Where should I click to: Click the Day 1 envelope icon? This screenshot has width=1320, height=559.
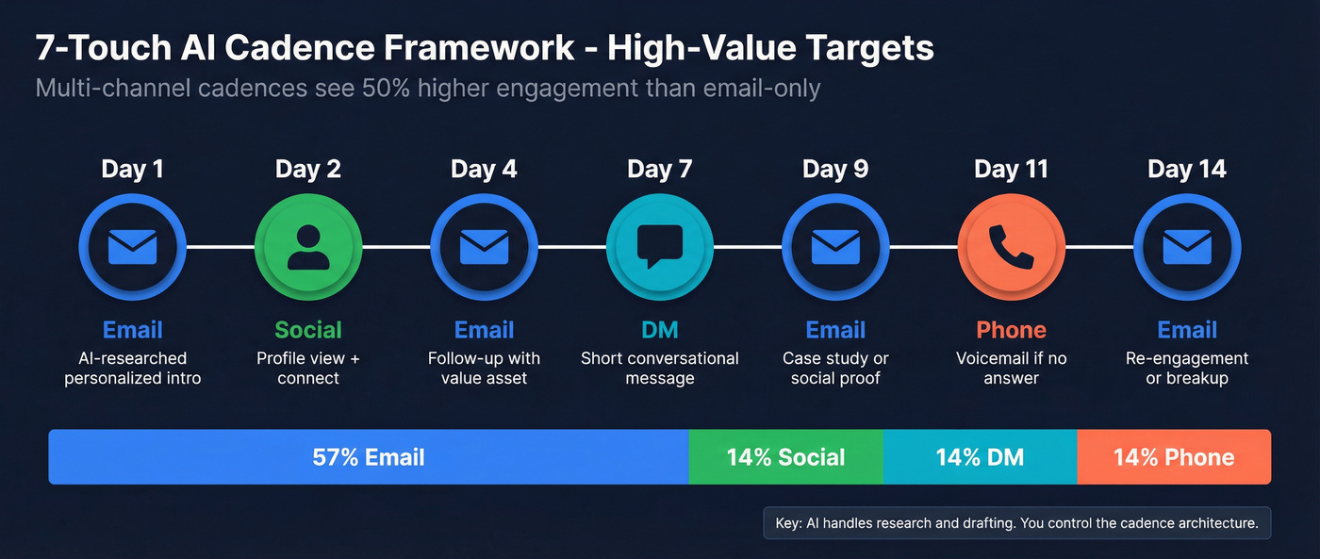point(133,247)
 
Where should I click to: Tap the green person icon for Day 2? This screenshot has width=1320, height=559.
point(308,247)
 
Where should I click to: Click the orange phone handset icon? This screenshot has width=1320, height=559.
point(1011,247)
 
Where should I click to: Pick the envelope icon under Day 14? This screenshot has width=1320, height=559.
point(1187,247)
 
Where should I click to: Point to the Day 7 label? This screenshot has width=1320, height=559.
point(660,170)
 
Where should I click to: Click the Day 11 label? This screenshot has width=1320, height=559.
point(1011,170)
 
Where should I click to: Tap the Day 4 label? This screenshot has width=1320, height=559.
point(484,170)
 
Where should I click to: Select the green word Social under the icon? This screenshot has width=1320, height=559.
point(308,330)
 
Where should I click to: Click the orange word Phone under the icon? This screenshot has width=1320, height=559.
point(1011,330)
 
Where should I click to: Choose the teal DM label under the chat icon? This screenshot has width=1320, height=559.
point(660,330)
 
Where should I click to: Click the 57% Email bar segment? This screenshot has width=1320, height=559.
point(369,457)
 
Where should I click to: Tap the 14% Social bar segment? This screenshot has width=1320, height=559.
point(786,457)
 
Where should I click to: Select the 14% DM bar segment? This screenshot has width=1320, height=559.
point(980,457)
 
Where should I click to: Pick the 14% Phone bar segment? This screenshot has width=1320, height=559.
point(1174,457)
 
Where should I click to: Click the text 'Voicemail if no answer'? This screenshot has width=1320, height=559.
point(1011,369)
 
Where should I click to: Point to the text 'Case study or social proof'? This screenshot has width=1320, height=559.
point(835,369)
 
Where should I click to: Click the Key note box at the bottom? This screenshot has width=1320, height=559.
point(1017,523)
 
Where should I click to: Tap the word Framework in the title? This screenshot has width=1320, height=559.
point(479,47)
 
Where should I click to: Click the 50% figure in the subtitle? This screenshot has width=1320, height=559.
point(386,89)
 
